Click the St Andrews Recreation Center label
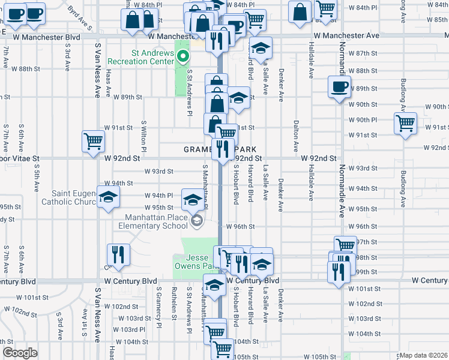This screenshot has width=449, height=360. coord(141,57)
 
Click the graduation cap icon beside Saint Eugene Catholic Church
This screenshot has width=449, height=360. coord(108,197)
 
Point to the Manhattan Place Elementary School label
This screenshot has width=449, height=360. coord(157,221)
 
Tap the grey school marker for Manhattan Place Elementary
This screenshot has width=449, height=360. coord(196,221)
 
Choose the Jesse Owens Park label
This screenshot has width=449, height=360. coord(193,262)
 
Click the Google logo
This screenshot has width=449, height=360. coord(20,353)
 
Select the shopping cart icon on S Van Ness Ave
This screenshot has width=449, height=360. coord(94,142)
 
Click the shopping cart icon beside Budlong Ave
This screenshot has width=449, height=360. coord(406,122)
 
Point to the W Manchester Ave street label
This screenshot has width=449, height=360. coord(348,36)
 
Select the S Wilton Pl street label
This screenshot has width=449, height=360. coord(143,134)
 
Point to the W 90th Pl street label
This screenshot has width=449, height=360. coord(364,120)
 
